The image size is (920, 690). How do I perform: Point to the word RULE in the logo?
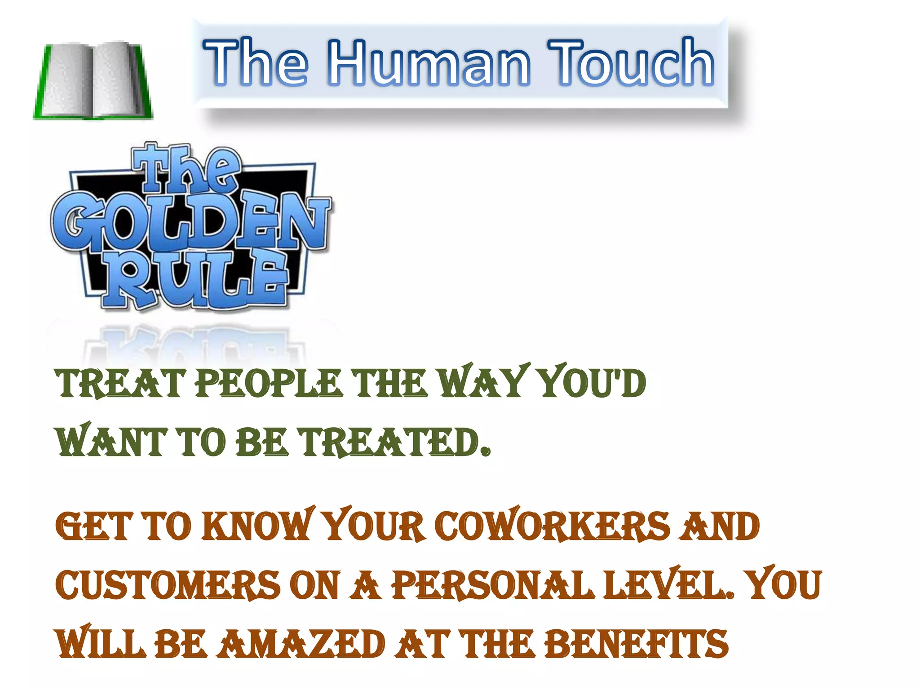click(196, 279)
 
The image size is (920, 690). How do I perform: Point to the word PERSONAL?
click(492, 585)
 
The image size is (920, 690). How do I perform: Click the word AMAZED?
click(301, 643)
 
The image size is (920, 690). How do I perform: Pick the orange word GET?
click(94, 526)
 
